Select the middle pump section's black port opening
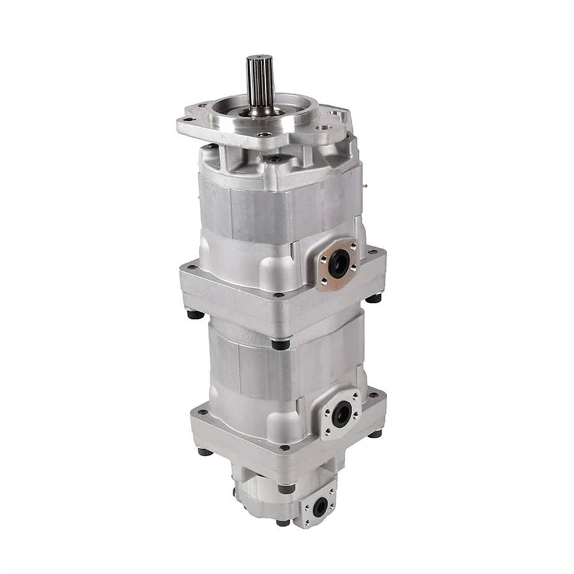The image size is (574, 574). click(342, 414)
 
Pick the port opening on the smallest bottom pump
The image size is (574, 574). click(319, 506)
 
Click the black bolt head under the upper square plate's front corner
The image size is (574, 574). click(280, 344)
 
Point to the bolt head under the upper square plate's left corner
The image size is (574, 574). click(195, 314)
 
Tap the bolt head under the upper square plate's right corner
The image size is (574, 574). click(375, 297)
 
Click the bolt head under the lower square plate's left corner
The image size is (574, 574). click(205, 451)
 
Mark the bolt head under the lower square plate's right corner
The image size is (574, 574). click(375, 433)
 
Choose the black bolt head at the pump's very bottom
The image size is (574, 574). click(282, 522)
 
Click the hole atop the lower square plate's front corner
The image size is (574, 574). click(283, 448)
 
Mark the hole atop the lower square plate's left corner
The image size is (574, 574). click(202, 412)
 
